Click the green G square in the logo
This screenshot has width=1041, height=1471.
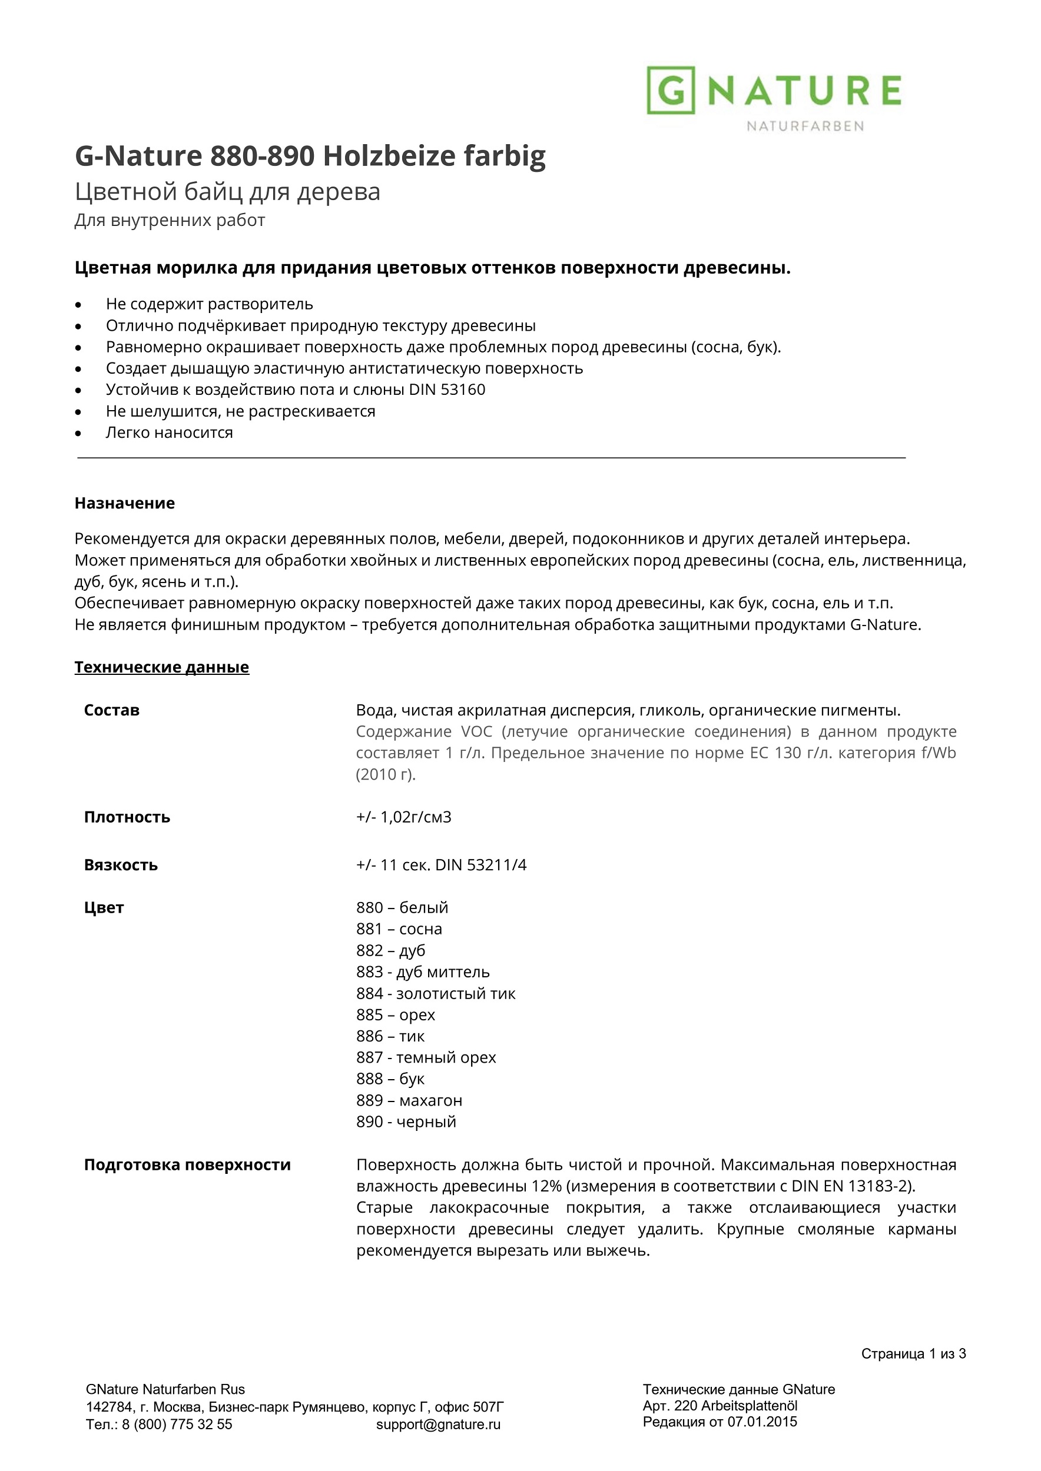click(671, 91)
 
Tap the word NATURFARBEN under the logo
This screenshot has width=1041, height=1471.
click(804, 127)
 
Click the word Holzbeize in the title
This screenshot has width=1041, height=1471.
click(389, 156)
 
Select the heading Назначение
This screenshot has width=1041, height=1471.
click(124, 503)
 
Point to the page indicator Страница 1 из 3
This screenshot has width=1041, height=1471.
click(913, 1354)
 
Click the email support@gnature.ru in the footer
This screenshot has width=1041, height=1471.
click(438, 1425)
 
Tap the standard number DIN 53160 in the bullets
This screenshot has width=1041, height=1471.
click(447, 390)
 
